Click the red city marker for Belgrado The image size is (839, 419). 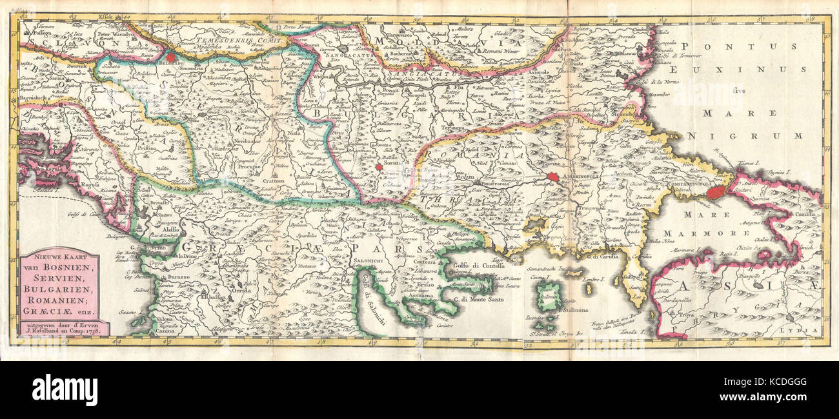(x=170, y=56)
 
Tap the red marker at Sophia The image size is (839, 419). (x=378, y=167)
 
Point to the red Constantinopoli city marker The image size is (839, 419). (x=714, y=192)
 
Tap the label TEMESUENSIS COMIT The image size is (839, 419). (x=207, y=39)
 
